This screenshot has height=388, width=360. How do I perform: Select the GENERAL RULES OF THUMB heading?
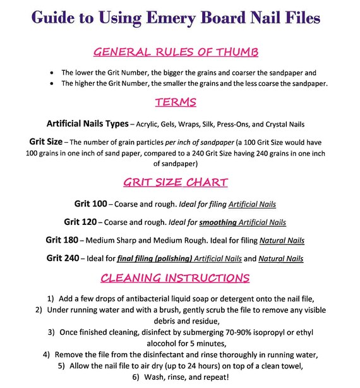pos(179,52)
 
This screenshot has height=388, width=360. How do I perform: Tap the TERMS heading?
pos(179,102)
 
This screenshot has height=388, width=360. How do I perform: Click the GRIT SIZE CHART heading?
pos(179,183)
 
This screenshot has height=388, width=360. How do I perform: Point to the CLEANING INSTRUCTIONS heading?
pos(179,277)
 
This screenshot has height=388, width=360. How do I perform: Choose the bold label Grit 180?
pos(65,240)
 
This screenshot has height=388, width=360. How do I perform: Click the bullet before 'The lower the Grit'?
pos(51,72)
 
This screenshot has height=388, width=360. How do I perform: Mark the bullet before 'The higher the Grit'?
pos(51,83)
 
